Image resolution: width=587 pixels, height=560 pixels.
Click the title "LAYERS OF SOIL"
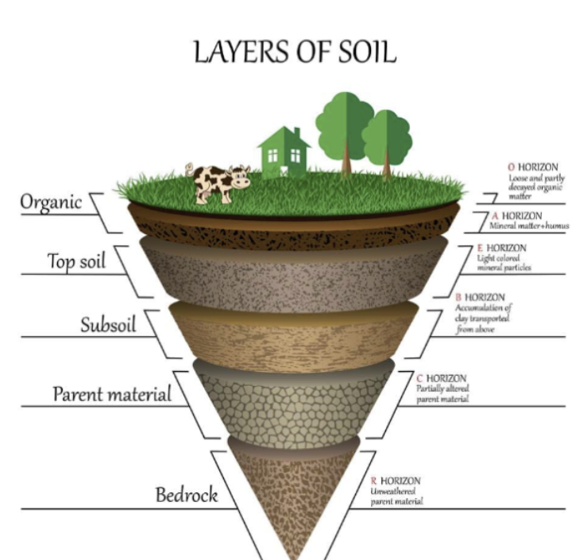click(295, 52)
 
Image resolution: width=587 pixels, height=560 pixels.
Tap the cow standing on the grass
click(218, 183)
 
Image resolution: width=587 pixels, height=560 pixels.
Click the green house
click(284, 151)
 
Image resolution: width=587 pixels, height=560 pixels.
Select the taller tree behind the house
click(346, 133)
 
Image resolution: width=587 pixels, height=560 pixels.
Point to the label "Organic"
click(51, 202)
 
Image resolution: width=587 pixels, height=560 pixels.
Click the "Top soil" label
click(76, 261)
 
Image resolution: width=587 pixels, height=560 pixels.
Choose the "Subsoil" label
click(108, 325)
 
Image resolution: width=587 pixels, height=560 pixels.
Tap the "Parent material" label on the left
click(112, 394)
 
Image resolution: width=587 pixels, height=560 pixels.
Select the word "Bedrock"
click(187, 495)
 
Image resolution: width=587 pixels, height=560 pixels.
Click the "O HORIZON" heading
click(533, 167)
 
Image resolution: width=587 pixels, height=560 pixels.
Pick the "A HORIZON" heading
click(516, 216)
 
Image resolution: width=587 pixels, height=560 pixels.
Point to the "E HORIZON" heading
click(502, 248)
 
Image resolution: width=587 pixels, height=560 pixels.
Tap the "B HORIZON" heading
click(481, 297)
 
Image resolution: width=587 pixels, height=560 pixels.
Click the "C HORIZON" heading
click(442, 378)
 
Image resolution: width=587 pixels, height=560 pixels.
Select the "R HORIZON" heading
click(396, 481)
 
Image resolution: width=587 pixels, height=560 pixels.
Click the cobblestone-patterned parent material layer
click(294, 404)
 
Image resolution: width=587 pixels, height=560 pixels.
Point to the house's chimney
click(297, 133)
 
